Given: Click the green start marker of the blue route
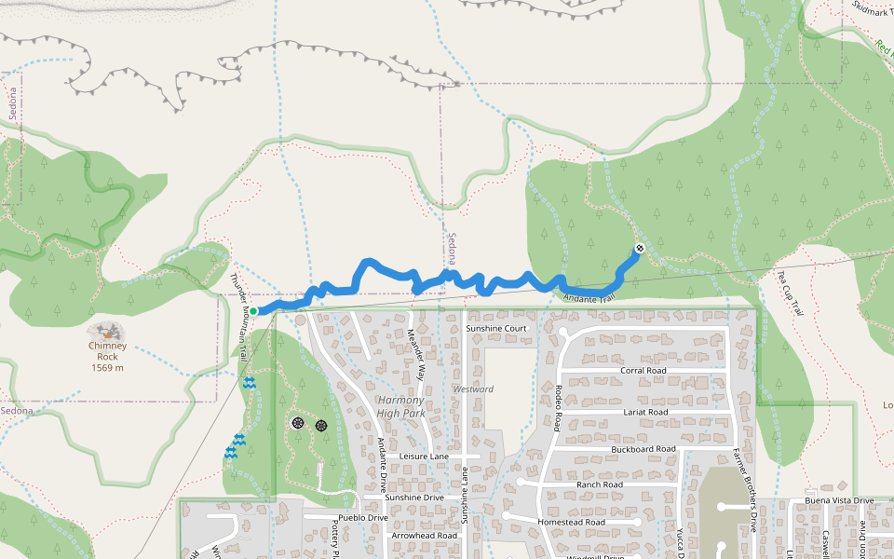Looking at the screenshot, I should click(x=252, y=311).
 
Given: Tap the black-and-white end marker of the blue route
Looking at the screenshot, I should click(x=640, y=248).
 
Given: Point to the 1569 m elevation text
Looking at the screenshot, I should click(x=107, y=367).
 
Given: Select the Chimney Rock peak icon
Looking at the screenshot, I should click(x=108, y=331).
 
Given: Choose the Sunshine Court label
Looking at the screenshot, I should click(x=496, y=329).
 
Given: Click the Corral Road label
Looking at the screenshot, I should click(x=644, y=370).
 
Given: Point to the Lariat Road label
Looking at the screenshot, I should click(x=644, y=411).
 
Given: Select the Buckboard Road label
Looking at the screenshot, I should click(x=643, y=448).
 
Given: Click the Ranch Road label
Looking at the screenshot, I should click(x=599, y=484).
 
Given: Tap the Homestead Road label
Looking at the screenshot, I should click(x=571, y=522).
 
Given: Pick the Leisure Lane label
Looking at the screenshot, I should click(x=424, y=457).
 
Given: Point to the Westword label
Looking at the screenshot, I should click(x=473, y=389).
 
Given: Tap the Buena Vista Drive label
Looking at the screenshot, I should click(x=833, y=500).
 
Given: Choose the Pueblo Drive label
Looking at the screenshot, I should click(x=363, y=517).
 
